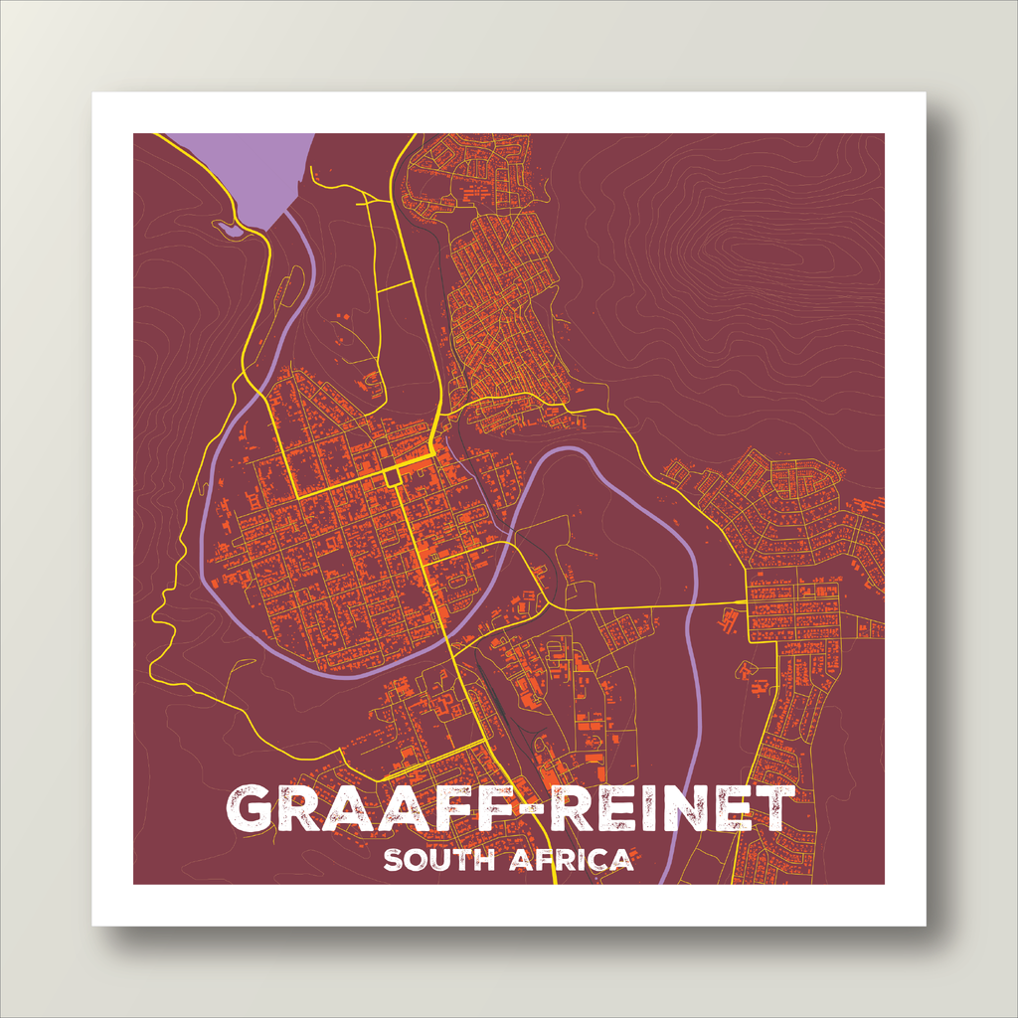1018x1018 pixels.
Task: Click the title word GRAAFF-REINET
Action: pos(509,808)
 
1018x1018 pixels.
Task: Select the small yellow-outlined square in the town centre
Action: pos(394,478)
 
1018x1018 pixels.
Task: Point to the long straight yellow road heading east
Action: pos(646,605)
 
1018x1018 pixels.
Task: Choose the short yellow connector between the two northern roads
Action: pos(395,287)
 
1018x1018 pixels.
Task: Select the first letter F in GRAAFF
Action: pos(447,808)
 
